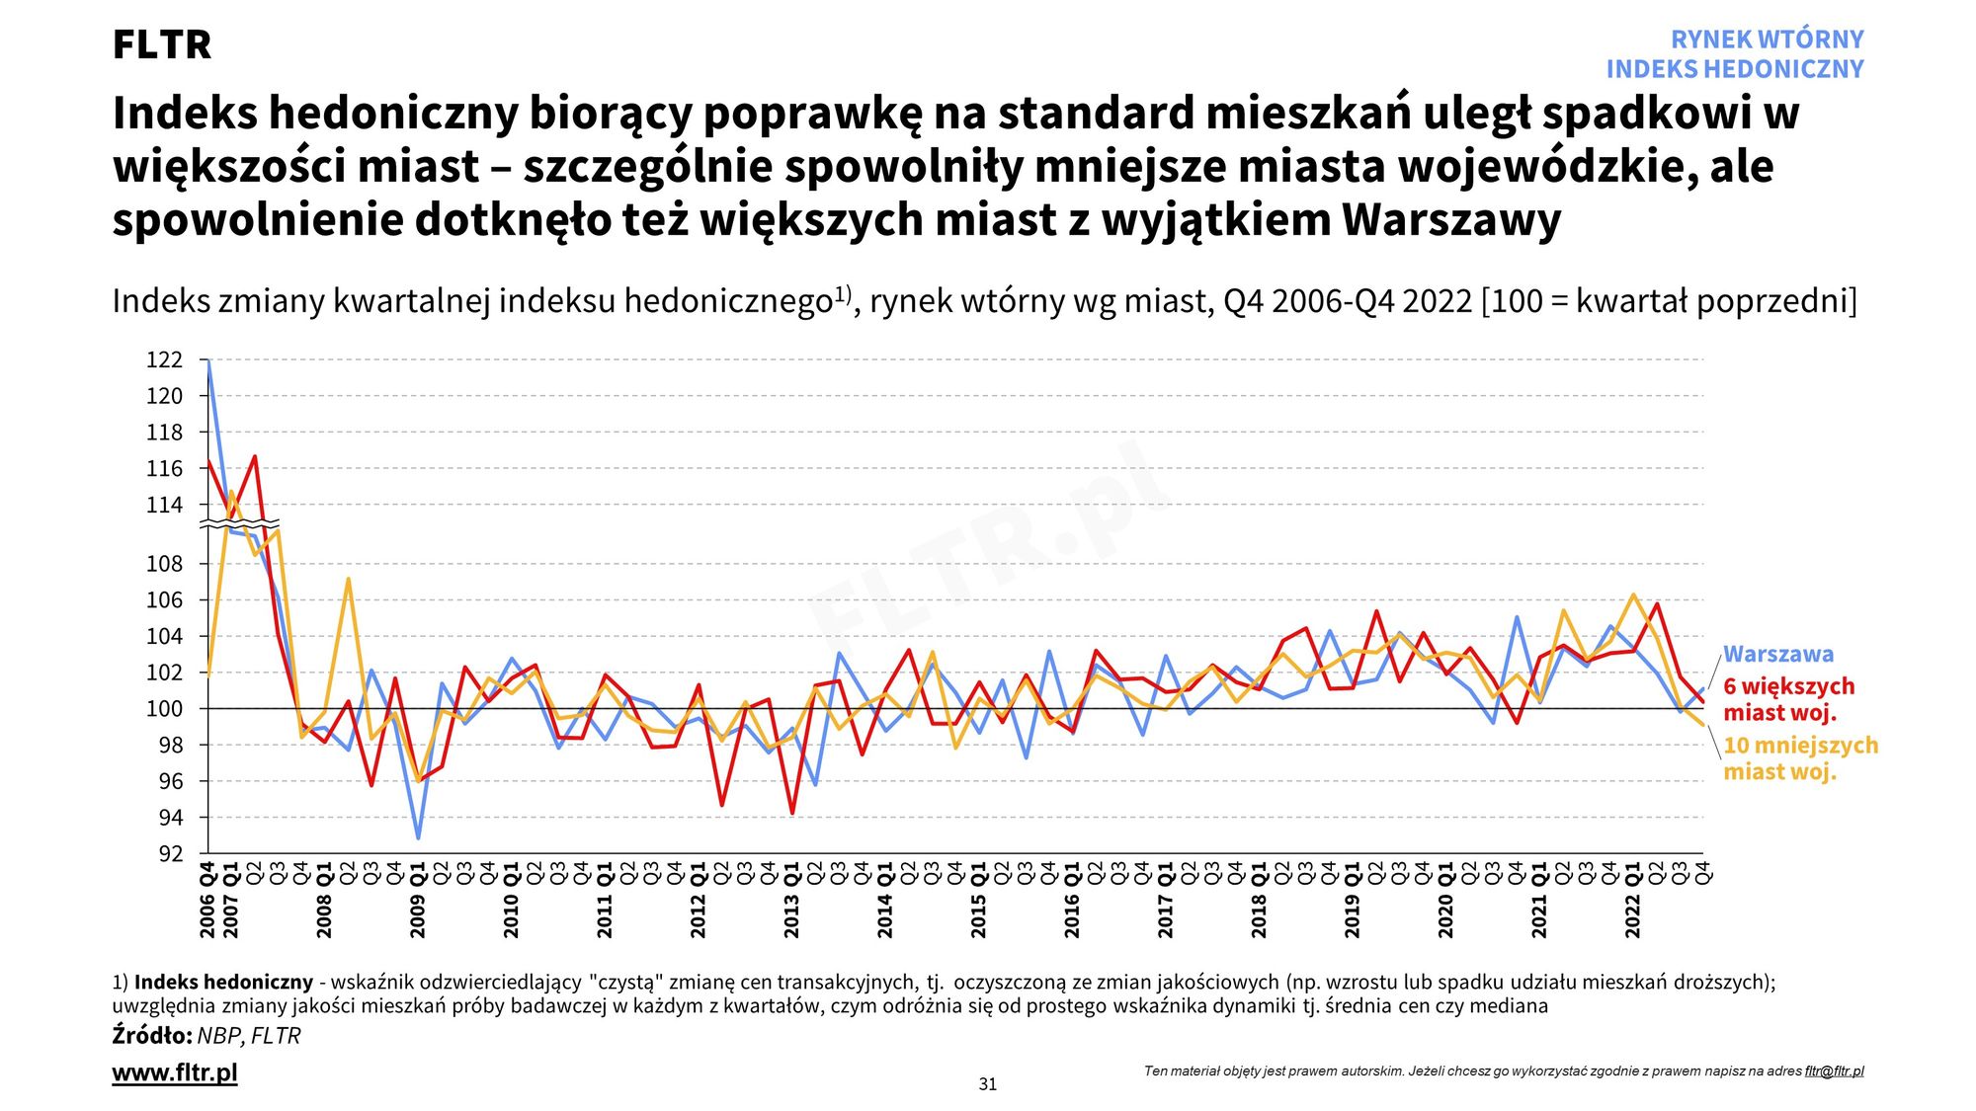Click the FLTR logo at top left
[161, 44]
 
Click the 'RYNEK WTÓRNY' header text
[1767, 40]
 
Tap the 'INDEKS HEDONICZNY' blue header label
[1734, 69]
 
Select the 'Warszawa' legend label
[1777, 654]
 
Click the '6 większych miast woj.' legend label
[1788, 699]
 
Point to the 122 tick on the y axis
[165, 359]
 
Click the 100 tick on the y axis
[165, 709]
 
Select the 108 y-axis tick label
[165, 564]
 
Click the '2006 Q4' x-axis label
[207, 900]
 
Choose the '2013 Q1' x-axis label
[791, 900]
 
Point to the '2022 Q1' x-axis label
[1632, 900]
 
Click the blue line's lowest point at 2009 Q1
[418, 838]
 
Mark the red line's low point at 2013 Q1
[791, 813]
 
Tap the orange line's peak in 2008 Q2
[348, 579]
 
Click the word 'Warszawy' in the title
[1449, 219]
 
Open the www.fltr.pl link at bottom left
[175, 1072]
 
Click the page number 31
[987, 1084]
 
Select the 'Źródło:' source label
[151, 1036]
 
